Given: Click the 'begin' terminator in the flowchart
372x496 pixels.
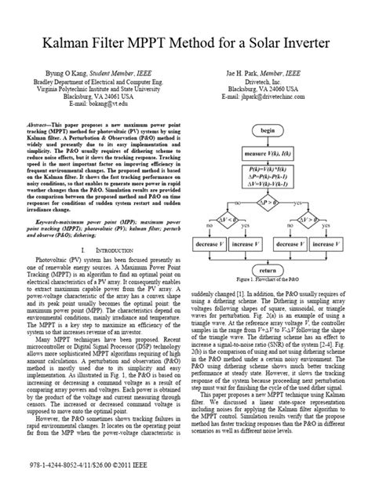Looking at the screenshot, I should [x=268, y=129].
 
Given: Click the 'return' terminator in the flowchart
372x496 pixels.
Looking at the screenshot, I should [x=268, y=290].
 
